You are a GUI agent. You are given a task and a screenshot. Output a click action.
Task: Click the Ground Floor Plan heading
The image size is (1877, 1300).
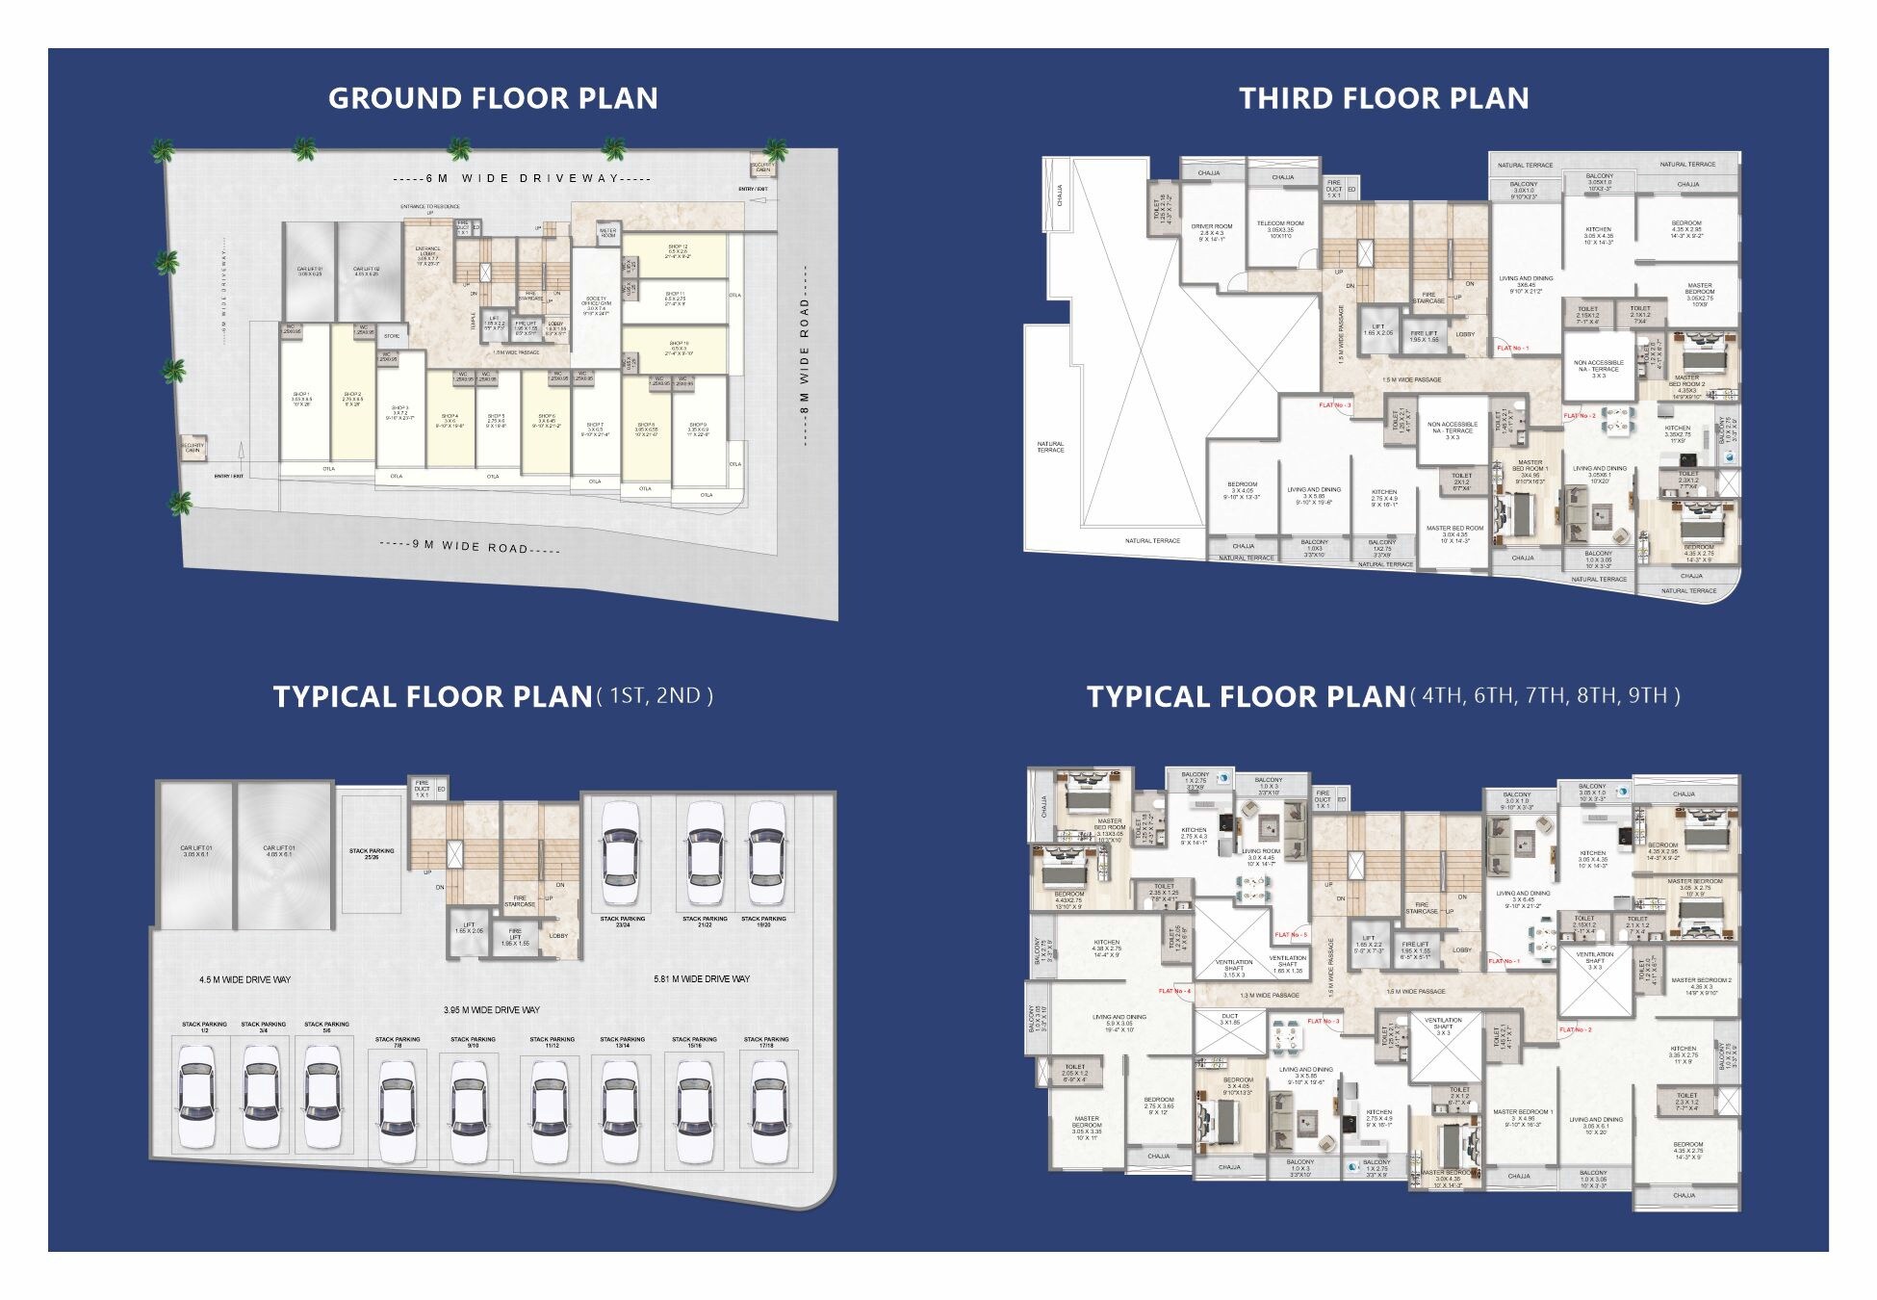click(x=493, y=98)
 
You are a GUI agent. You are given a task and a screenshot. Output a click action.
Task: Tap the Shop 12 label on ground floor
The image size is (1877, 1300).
click(x=678, y=251)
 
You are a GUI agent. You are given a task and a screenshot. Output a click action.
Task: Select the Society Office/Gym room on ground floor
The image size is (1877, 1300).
click(x=596, y=305)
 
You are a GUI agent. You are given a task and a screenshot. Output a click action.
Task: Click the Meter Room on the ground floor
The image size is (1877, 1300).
click(x=607, y=233)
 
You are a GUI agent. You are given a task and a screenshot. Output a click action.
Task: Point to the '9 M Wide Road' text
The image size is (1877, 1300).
click(x=470, y=546)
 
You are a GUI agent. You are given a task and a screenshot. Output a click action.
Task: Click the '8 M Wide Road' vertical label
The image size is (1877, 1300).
click(x=805, y=357)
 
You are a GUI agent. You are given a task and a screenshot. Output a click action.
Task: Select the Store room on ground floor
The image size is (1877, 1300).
click(x=392, y=336)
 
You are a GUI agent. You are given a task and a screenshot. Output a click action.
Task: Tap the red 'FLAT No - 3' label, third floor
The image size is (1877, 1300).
click(x=1335, y=405)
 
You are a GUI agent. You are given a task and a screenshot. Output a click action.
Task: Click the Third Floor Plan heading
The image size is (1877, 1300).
click(x=1383, y=98)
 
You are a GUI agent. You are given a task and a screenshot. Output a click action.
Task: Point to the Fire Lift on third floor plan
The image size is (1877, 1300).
click(x=1424, y=336)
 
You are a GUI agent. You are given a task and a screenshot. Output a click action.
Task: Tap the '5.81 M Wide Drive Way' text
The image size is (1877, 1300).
click(x=702, y=978)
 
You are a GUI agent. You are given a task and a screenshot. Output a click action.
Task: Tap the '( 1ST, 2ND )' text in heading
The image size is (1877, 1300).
click(x=656, y=695)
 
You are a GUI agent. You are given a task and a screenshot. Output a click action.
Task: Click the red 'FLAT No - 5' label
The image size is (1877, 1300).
click(x=1291, y=934)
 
